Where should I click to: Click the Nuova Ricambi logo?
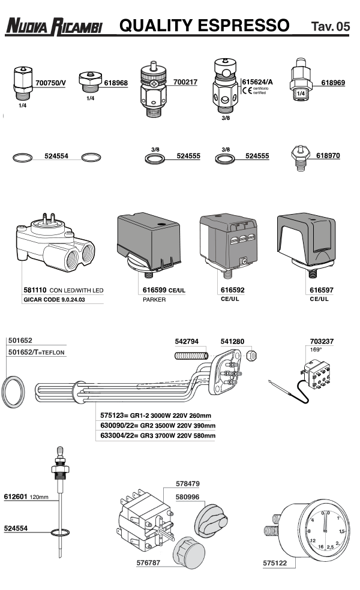[x=55, y=26]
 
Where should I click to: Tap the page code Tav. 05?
[x=331, y=27]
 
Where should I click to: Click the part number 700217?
[x=185, y=82]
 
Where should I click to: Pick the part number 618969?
[x=333, y=82]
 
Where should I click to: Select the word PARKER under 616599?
[x=154, y=299]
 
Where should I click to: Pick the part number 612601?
[x=16, y=497]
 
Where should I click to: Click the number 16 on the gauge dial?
[x=322, y=547]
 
